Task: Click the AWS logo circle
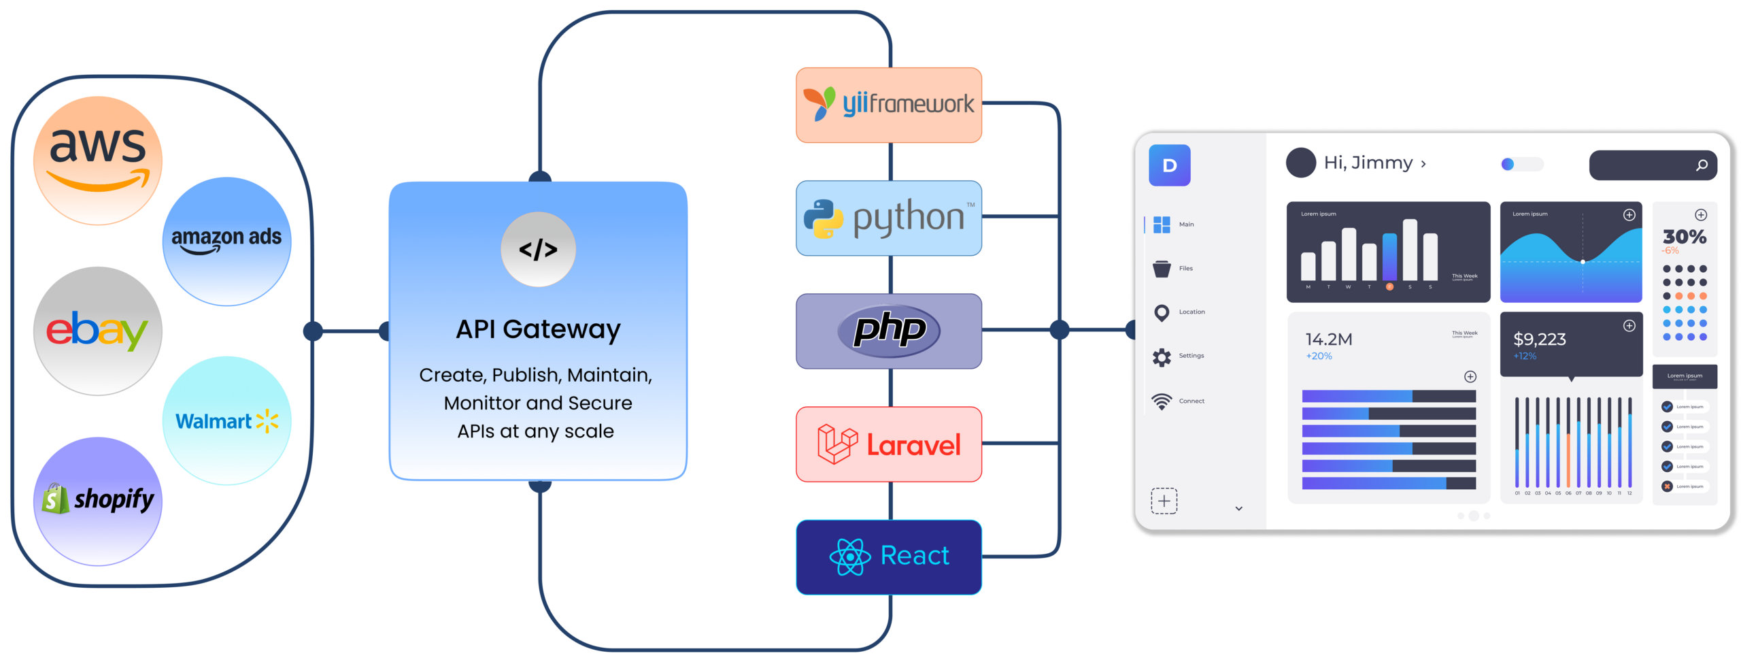click(x=98, y=161)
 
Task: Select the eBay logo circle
click(x=98, y=331)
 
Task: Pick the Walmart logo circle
click(x=226, y=420)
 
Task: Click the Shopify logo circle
click(x=98, y=501)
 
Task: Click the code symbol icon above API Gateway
click(x=538, y=250)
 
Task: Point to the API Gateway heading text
click(x=538, y=329)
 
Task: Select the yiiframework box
click(x=889, y=105)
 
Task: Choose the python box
click(x=889, y=218)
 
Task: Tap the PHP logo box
click(x=889, y=331)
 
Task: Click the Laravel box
click(x=889, y=444)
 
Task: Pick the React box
click(x=889, y=557)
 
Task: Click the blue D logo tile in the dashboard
click(x=1169, y=165)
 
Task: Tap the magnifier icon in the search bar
click(x=1702, y=165)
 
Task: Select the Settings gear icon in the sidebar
click(x=1162, y=357)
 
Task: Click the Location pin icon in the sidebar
click(x=1162, y=313)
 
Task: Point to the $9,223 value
click(x=1540, y=339)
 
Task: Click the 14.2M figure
click(x=1329, y=339)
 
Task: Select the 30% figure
click(x=1685, y=237)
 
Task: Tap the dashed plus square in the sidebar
click(x=1164, y=501)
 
